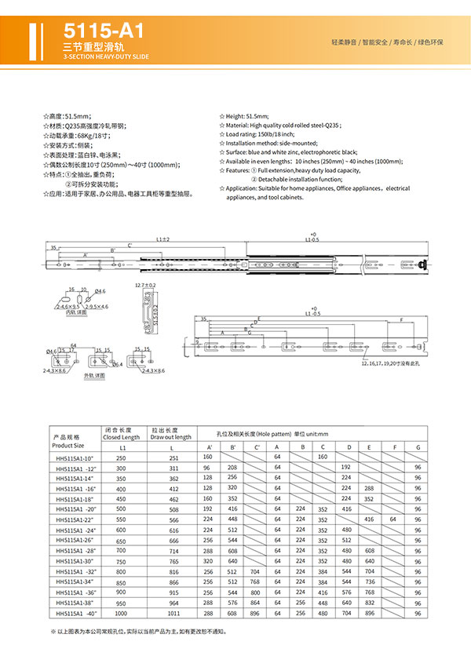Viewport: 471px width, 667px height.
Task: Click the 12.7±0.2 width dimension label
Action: pos(145,285)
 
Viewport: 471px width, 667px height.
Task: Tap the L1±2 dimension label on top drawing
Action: pos(162,239)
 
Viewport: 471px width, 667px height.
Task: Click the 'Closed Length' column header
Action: pos(122,437)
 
